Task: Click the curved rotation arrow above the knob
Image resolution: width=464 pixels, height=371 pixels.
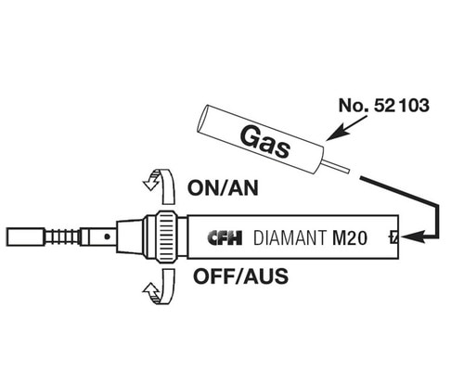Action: pyautogui.click(x=160, y=183)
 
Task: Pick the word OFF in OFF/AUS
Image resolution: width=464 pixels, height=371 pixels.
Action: pyautogui.click(x=211, y=275)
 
